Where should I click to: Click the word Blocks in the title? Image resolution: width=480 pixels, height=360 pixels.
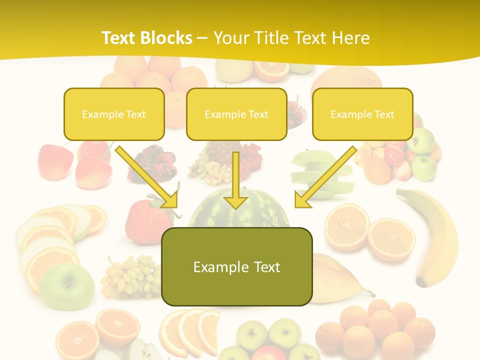coord(167,38)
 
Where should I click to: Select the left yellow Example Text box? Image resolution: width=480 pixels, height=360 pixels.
coord(114,114)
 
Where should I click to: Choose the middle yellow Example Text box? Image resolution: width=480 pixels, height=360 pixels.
coord(236,114)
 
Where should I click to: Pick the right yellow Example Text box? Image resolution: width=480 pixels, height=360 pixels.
coord(362,114)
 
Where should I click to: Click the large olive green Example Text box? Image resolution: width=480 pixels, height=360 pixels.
coord(236,266)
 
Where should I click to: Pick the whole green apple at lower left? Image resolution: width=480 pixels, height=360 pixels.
coord(67,287)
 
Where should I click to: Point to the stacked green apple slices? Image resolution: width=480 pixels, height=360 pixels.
coord(320,172)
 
